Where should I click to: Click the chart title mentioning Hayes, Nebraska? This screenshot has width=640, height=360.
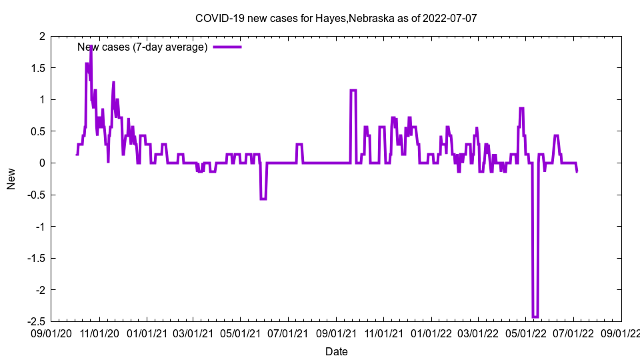click(x=336, y=18)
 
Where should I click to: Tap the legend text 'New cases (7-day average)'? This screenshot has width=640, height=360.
click(x=143, y=47)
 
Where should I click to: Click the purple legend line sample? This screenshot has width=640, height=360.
click(x=227, y=47)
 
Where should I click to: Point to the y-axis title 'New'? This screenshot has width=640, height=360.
click(x=11, y=179)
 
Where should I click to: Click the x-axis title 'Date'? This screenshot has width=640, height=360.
click(x=336, y=351)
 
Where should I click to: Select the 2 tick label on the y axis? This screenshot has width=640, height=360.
click(x=41, y=36)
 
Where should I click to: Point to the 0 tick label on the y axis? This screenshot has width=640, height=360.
click(x=41, y=163)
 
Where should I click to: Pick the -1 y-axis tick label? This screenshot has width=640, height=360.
click(x=39, y=227)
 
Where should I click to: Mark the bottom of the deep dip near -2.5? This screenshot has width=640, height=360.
click(x=535, y=317)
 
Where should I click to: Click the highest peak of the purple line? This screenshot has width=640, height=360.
click(x=91, y=46)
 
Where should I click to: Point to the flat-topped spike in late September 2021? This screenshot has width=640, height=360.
click(x=353, y=90)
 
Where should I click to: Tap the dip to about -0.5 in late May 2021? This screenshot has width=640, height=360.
click(x=263, y=199)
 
